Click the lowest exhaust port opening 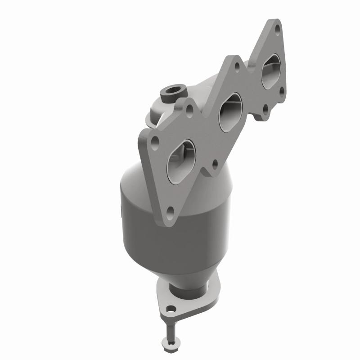pos(181,157)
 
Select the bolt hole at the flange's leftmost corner pos(155,141)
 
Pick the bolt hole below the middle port pos(215,163)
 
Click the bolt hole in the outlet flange pos(171,310)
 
